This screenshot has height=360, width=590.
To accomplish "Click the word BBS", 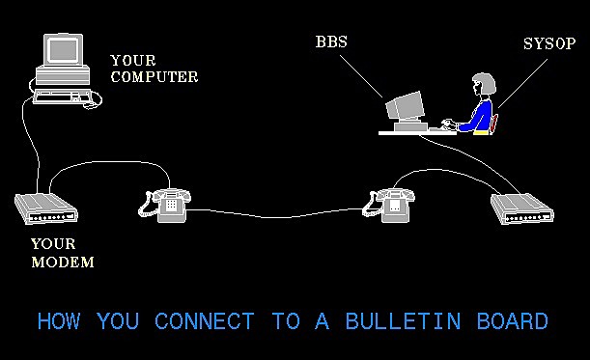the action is pyautogui.click(x=331, y=42).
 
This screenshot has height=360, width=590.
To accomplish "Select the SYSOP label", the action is pyautogui.click(x=548, y=43).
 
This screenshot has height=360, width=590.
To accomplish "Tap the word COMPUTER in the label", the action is pyautogui.click(x=154, y=76).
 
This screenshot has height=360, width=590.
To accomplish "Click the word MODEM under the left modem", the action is pyautogui.click(x=63, y=262).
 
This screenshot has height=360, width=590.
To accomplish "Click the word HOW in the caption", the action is pyautogui.click(x=59, y=321).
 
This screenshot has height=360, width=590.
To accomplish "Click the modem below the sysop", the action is pyautogui.click(x=521, y=208).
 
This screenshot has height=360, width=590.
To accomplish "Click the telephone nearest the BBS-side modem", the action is pyautogui.click(x=390, y=203).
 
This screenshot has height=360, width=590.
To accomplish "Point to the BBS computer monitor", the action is pyautogui.click(x=406, y=106).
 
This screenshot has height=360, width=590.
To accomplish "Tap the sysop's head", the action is pyautogui.click(x=484, y=84).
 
